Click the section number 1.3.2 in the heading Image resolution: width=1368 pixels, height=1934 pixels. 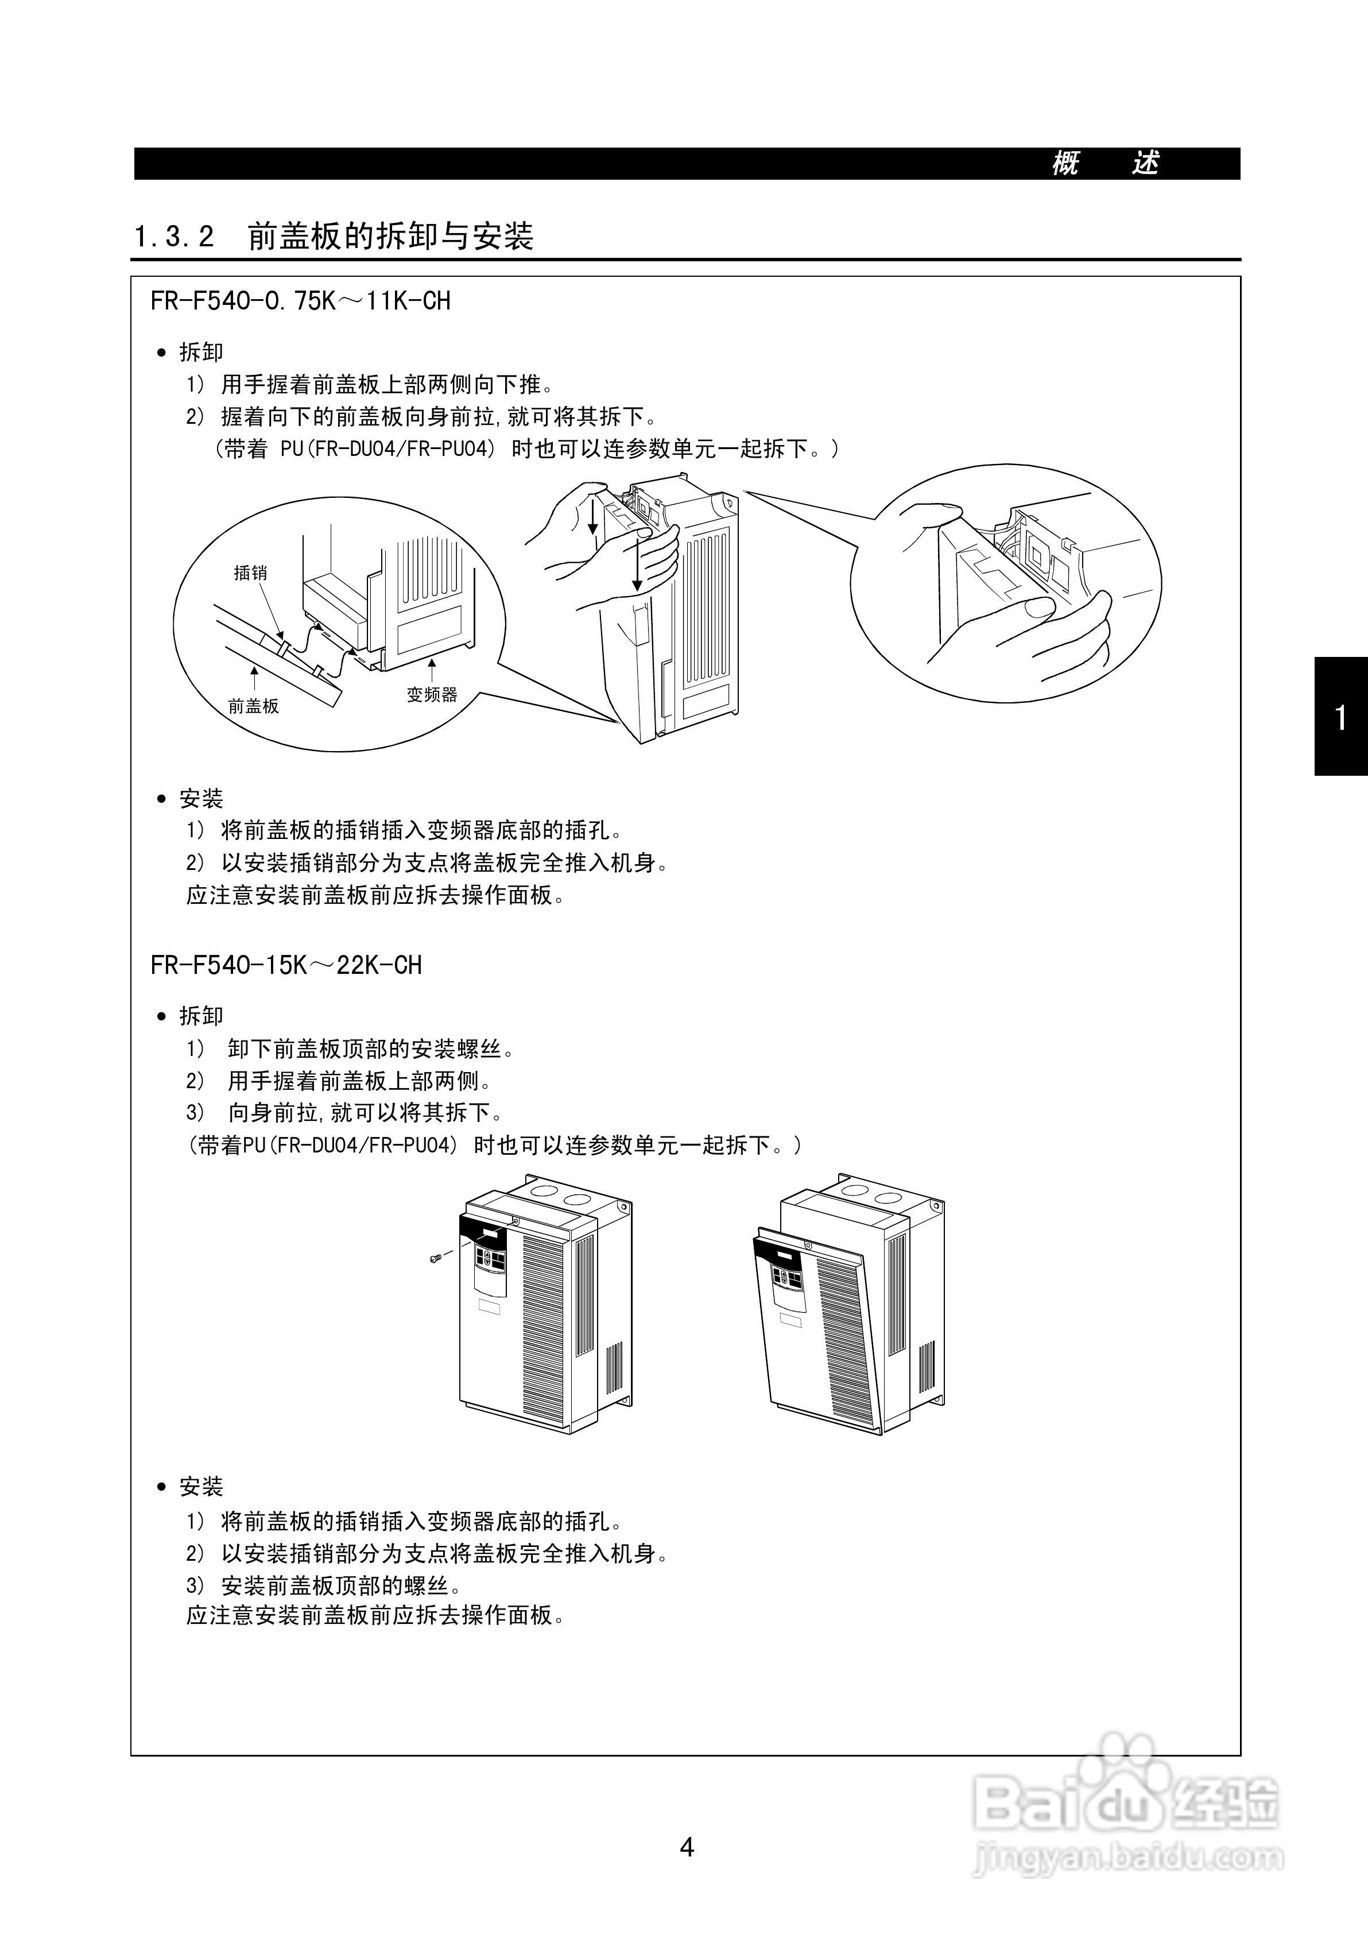[x=175, y=237]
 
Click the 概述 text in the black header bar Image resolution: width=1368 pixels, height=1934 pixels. [x=1105, y=164]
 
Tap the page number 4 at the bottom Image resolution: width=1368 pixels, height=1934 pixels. [x=687, y=1847]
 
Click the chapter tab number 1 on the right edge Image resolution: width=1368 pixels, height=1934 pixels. [x=1341, y=718]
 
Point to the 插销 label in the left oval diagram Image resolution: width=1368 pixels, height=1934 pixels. [x=250, y=573]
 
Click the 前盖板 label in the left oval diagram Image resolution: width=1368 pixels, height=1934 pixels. [x=254, y=706]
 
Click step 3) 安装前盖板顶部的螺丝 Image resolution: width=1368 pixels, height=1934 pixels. [x=324, y=1586]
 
